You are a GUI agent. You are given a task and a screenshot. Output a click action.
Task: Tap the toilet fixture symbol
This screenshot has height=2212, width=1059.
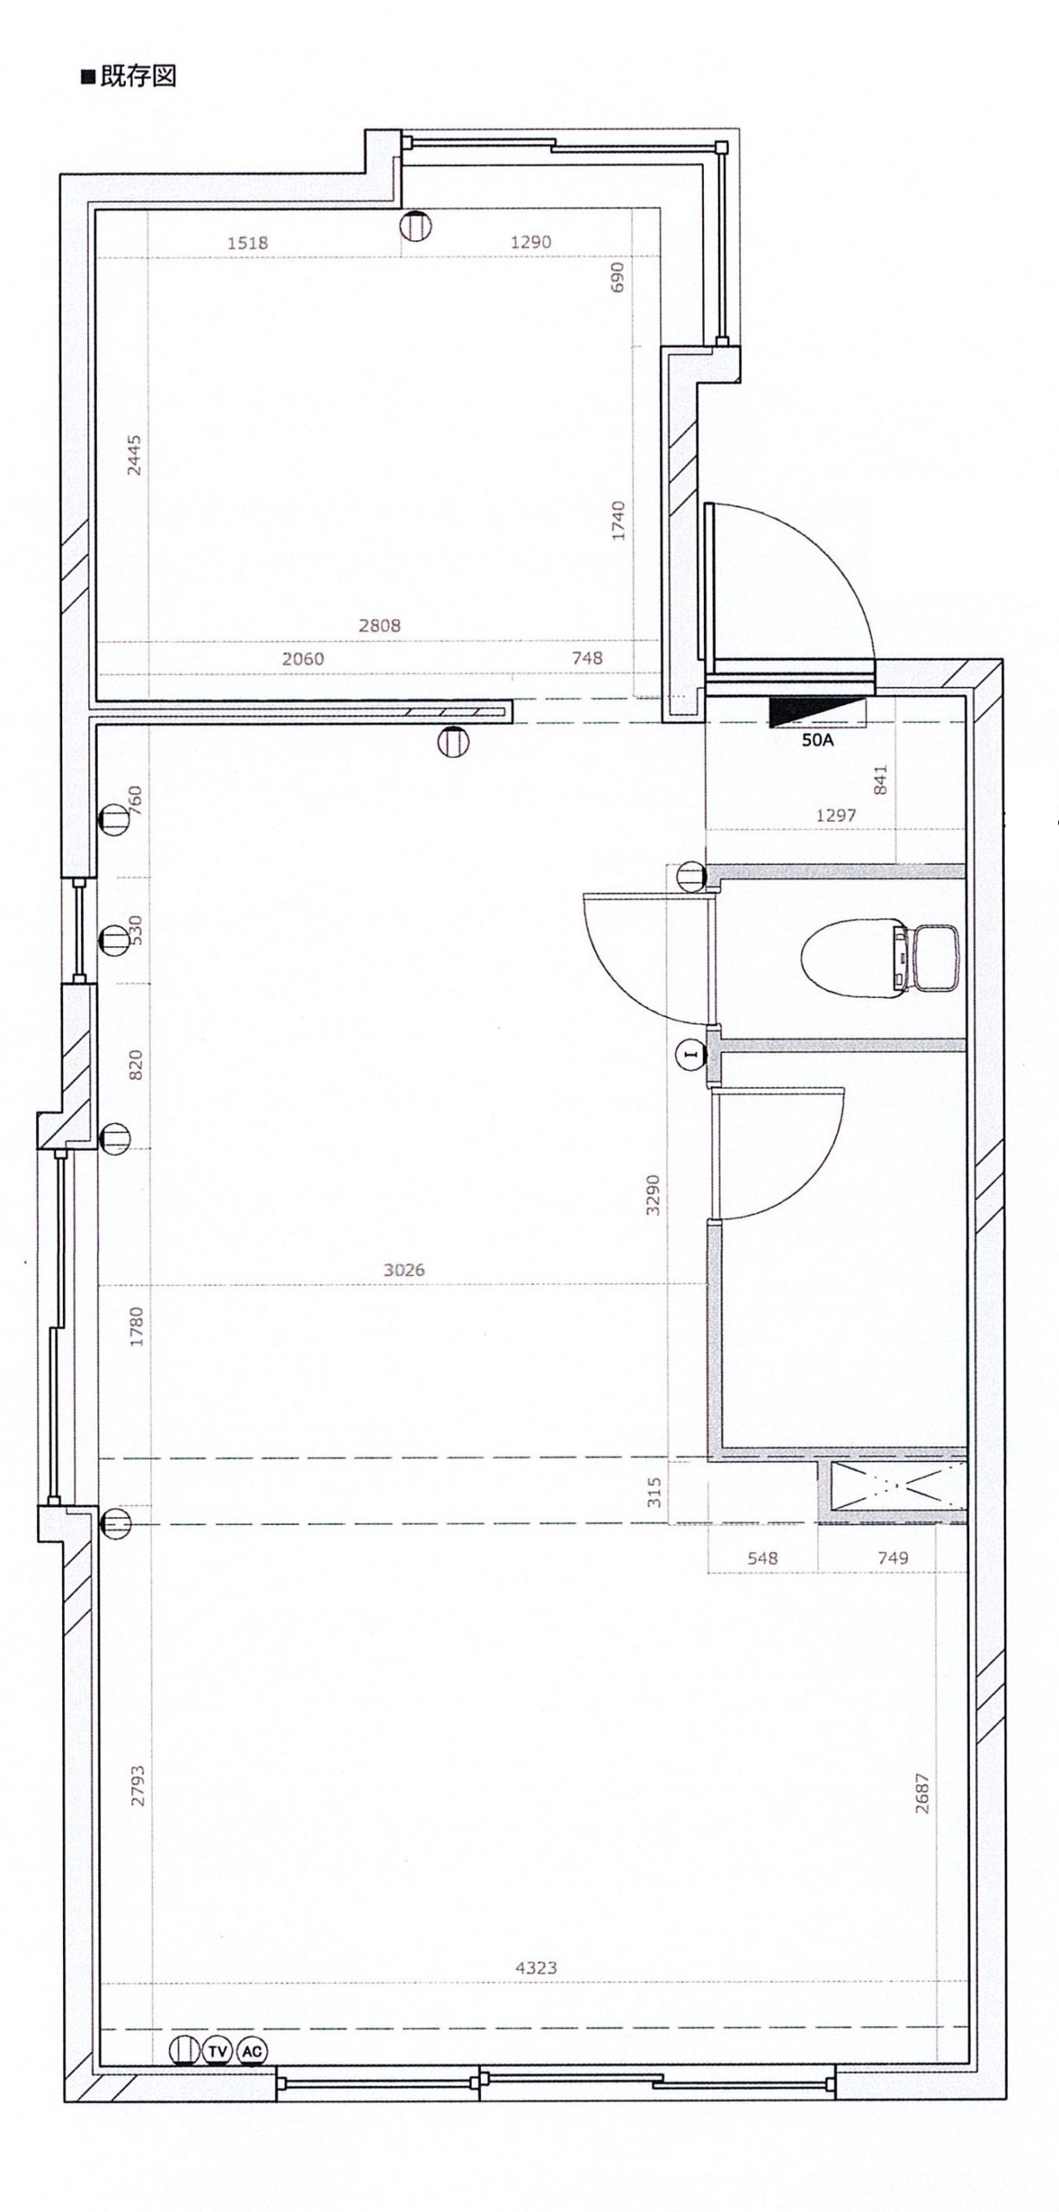881,957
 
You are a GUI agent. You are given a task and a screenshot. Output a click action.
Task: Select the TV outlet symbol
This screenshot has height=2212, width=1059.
215,2050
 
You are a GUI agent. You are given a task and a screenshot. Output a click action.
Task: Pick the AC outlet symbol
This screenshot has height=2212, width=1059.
251,2050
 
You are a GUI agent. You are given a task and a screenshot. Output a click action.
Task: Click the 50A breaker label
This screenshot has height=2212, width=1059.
817,740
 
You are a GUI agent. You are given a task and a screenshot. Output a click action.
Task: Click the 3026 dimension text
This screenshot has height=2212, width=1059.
404,1270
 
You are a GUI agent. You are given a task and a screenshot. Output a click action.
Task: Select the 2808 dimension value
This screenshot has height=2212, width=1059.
380,625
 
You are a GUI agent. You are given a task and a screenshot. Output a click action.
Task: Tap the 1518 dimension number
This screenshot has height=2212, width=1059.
248,243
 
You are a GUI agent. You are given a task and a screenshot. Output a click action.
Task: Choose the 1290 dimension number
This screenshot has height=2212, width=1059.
530,243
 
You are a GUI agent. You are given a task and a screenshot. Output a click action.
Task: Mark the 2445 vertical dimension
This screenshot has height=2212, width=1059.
134,454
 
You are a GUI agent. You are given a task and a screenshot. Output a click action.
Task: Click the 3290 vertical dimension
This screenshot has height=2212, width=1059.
653,1195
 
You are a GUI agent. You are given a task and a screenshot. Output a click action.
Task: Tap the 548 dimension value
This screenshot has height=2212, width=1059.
763,1558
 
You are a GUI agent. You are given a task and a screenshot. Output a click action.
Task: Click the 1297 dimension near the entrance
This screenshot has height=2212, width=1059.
836,815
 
